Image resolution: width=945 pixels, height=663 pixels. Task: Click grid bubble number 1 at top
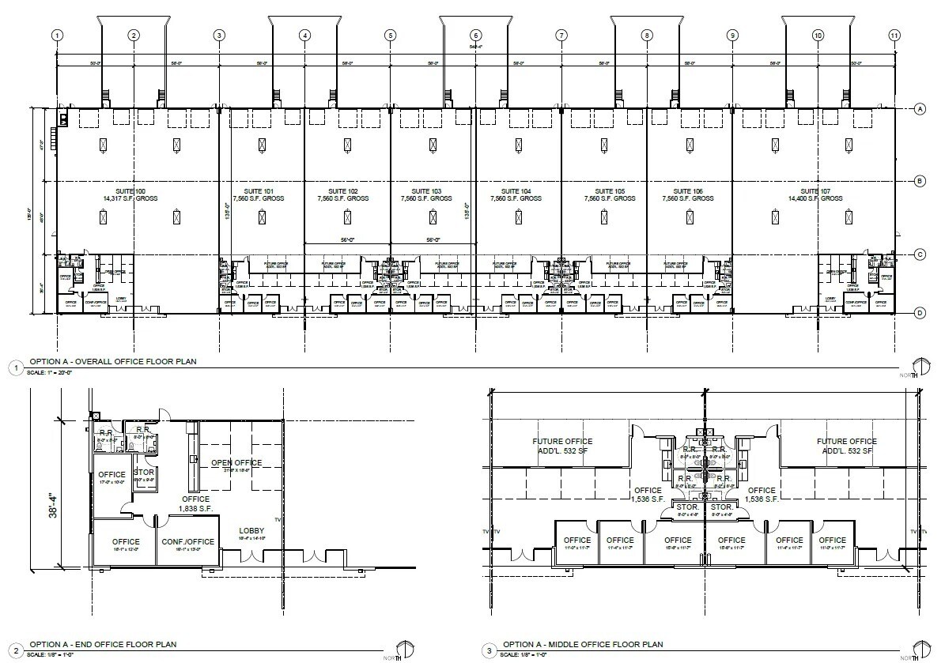click(x=57, y=36)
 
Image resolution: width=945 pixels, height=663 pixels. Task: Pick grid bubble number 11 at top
click(x=894, y=36)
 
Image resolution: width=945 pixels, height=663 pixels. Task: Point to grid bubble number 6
click(x=475, y=36)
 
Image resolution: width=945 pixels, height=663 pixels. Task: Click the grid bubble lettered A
click(x=920, y=109)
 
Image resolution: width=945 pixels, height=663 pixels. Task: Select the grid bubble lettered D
click(x=920, y=314)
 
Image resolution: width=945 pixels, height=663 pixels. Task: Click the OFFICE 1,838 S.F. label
click(x=195, y=503)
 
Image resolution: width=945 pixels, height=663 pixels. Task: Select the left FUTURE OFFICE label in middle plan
click(x=562, y=445)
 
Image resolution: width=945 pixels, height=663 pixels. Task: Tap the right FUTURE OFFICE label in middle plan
click(x=846, y=445)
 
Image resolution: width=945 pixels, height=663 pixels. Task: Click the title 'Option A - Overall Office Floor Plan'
click(x=112, y=361)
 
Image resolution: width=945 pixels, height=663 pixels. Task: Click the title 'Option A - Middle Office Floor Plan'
click(x=584, y=645)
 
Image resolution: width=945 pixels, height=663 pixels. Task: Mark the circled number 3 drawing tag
click(x=490, y=650)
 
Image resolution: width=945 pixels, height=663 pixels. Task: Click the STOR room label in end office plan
click(x=144, y=473)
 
